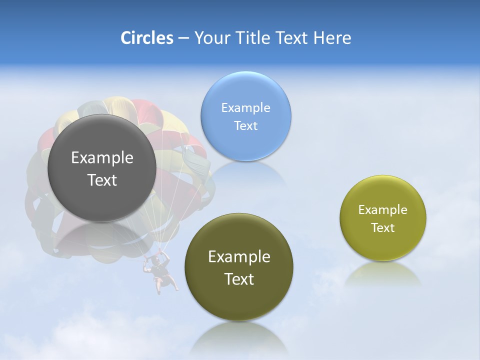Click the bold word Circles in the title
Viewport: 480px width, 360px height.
tap(147, 38)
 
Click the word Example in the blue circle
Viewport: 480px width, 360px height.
tap(245, 107)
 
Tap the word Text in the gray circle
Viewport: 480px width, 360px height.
tap(102, 180)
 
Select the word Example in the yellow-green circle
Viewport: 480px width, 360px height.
tap(383, 210)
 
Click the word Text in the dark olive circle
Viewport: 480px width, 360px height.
tap(239, 279)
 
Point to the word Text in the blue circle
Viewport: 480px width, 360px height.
tap(245, 125)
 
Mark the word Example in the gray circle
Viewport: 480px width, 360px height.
tap(102, 157)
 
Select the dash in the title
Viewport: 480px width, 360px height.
tap(183, 38)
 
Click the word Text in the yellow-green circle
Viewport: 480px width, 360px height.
tap(383, 227)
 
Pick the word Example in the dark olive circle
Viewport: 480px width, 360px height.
tap(239, 256)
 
